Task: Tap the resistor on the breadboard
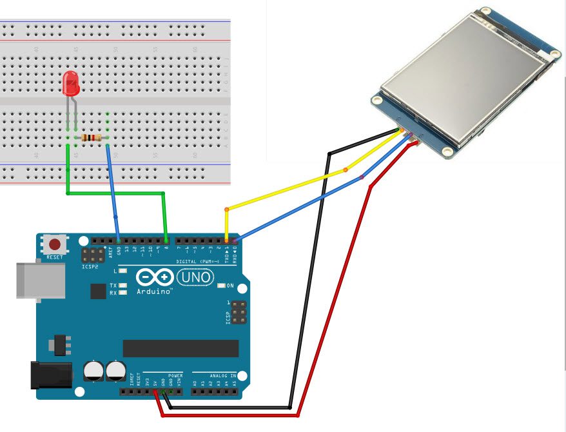coord(91,137)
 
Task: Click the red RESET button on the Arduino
coord(55,244)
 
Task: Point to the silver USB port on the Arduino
coord(40,280)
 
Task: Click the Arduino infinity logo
coord(155,278)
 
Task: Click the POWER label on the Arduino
coord(175,375)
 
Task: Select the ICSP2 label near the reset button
coord(90,265)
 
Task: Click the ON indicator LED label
coord(230,285)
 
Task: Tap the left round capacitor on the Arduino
coord(93,371)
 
